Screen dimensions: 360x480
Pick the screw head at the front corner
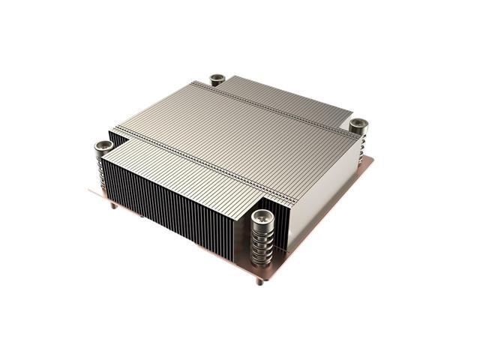coord(261,217)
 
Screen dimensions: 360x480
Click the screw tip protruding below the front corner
coord(260,283)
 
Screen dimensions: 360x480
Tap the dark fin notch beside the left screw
coord(116,139)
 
